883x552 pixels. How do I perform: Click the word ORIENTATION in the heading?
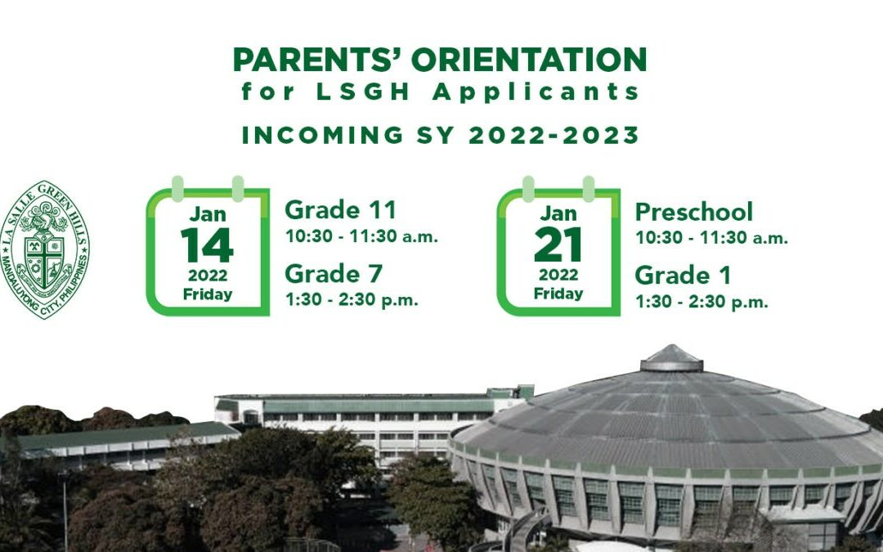pos(529,60)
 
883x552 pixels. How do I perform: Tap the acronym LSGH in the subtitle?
pos(363,92)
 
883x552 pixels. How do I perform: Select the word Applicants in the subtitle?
pos(536,92)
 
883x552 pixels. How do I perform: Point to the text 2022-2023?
pos(554,135)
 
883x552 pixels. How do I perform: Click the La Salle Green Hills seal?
pos(45,249)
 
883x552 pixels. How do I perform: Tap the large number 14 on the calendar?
pos(207,245)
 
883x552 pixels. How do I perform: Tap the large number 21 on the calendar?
pos(558,245)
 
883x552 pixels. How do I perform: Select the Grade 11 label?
pos(340,210)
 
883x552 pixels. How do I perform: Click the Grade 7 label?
pos(334,274)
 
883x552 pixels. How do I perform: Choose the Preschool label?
pos(694,212)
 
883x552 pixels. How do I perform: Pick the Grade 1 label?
pos(683,276)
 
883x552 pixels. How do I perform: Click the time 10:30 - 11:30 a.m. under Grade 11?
pos(361,236)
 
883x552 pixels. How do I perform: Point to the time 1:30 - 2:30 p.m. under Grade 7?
pos(352,299)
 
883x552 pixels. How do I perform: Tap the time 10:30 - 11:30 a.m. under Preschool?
pos(712,238)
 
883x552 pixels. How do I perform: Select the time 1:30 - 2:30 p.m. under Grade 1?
pos(701,302)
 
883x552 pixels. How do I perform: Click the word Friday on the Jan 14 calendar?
pos(208,294)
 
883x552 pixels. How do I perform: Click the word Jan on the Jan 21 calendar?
pos(558,213)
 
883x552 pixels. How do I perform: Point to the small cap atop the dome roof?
pos(671,358)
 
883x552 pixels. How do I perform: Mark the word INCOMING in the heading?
pos(323,135)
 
